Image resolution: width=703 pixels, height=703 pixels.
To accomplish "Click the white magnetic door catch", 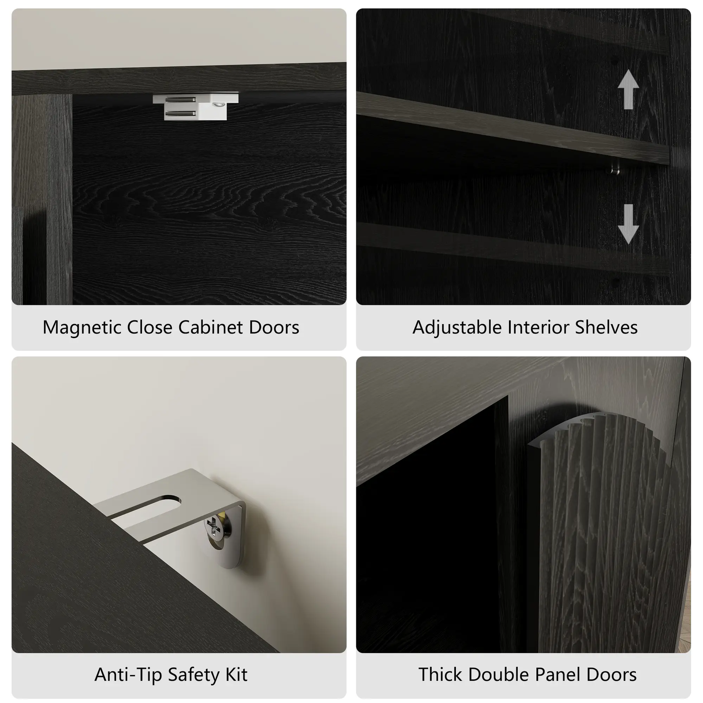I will [x=195, y=107].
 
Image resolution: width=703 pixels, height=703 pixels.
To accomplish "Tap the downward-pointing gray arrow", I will [x=628, y=223].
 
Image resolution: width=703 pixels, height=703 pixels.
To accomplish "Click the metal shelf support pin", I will [x=615, y=170].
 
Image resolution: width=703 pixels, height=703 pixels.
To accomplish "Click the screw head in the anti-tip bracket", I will [x=214, y=526].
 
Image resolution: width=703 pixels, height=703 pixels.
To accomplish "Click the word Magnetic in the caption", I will [x=82, y=328].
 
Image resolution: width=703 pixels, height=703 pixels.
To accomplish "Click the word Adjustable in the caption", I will [x=457, y=328].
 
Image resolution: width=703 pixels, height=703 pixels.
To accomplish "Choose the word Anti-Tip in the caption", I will [x=128, y=674].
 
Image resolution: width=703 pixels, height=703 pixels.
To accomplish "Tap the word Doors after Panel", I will [x=611, y=674].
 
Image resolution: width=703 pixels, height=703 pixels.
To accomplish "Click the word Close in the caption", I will [x=150, y=327].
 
